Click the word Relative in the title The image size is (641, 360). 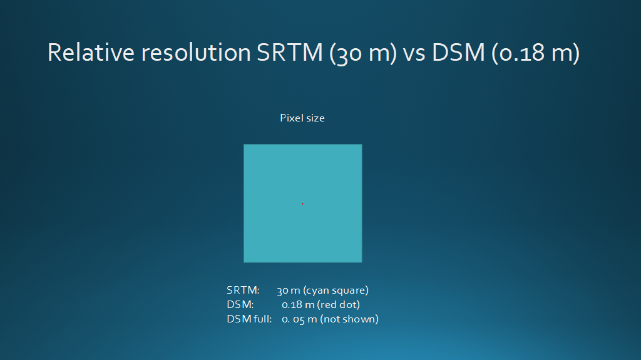click(91, 53)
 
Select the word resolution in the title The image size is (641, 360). click(196, 53)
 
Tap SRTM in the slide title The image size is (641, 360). click(290, 53)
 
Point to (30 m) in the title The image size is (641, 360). click(364, 53)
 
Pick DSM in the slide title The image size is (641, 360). click(458, 53)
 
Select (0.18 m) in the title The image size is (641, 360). click(536, 53)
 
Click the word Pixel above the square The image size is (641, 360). click(291, 118)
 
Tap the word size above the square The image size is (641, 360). click(315, 118)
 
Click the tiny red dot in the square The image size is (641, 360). click(302, 203)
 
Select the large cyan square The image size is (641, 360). click(303, 203)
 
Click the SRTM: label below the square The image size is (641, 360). click(244, 290)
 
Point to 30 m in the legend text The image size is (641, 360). click(288, 291)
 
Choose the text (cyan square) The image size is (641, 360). click(336, 291)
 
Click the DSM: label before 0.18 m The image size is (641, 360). click(240, 304)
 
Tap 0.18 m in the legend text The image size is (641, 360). click(298, 304)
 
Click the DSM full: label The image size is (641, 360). click(249, 319)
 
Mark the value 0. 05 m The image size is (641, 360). click(299, 319)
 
